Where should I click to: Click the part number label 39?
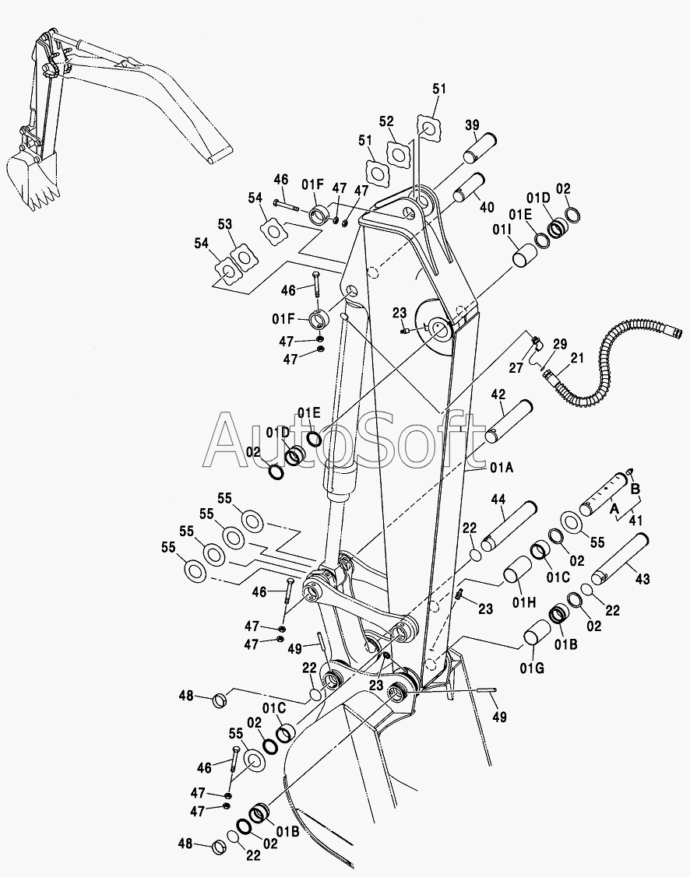tap(472, 126)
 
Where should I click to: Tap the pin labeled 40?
tap(470, 188)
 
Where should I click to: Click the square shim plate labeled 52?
tap(400, 153)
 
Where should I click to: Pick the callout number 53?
tap(225, 224)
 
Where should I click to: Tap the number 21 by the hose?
tap(576, 357)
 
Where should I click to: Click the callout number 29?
tap(560, 343)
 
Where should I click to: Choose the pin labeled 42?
tap(508, 421)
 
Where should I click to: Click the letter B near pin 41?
tap(635, 489)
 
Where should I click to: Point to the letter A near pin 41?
tap(614, 507)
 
